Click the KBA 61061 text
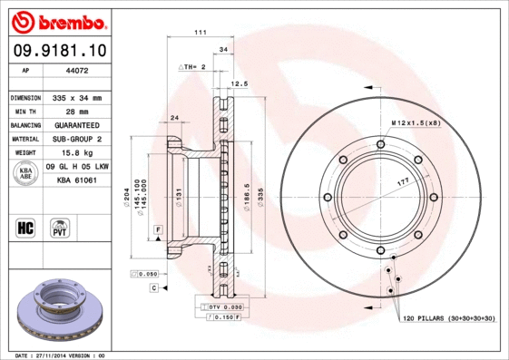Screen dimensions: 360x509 pos(77,181)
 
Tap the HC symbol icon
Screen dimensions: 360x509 pos(24,227)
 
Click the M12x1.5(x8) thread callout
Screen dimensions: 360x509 pos(415,122)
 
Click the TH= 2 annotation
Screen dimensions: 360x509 pos(193,67)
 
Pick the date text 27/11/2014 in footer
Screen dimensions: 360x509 pos(54,355)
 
